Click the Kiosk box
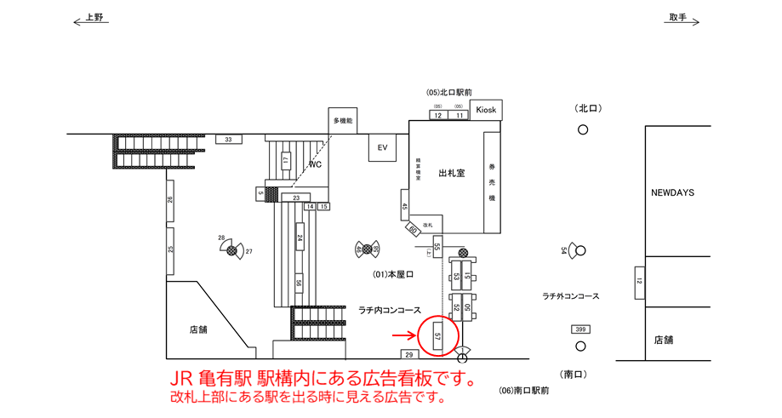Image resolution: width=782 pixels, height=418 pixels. (486, 110)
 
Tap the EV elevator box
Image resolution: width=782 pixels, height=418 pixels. (382, 148)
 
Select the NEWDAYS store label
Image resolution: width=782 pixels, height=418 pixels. (672, 193)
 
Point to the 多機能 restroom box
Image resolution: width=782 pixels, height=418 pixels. (342, 121)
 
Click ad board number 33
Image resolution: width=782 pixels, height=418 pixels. (227, 139)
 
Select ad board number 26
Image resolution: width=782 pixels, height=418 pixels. (170, 200)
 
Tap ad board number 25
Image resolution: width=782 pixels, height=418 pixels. (170, 250)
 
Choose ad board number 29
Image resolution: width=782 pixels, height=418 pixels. (408, 354)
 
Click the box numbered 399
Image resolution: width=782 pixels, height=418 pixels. (581, 329)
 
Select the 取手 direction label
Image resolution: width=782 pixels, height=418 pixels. (677, 18)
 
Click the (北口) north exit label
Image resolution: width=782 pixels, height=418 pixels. (588, 108)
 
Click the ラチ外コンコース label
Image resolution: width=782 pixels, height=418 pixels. (571, 295)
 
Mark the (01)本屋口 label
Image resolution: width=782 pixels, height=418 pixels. (393, 274)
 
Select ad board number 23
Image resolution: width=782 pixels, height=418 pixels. (295, 198)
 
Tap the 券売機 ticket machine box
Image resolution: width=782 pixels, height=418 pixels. (492, 181)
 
